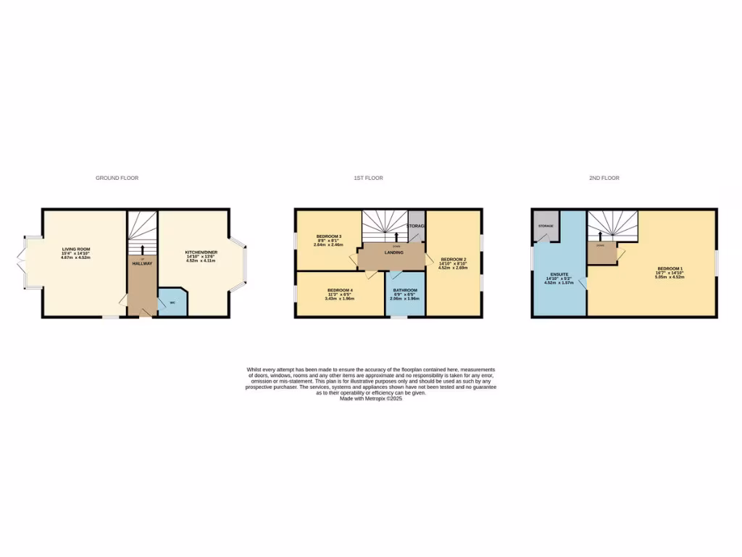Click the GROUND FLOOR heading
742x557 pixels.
click(117, 178)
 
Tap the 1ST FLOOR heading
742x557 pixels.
click(368, 178)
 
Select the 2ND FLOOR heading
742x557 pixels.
click(604, 178)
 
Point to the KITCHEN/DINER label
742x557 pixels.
click(201, 252)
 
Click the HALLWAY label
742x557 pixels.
click(141, 263)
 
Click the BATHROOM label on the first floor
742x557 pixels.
click(405, 290)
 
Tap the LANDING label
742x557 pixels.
click(393, 252)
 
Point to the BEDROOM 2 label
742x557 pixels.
click(453, 260)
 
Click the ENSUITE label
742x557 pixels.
click(559, 276)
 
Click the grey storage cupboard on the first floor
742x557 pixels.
click(417, 226)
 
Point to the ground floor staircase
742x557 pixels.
click(141, 230)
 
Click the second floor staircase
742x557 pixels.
click(612, 224)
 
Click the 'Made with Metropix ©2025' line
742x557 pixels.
click(370, 398)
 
